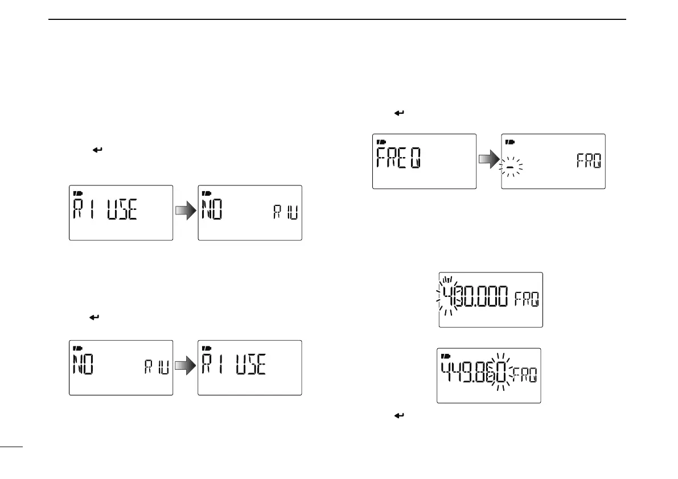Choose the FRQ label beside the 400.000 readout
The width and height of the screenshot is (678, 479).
pos(526,299)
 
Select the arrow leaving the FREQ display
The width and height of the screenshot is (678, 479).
pos(488,161)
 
